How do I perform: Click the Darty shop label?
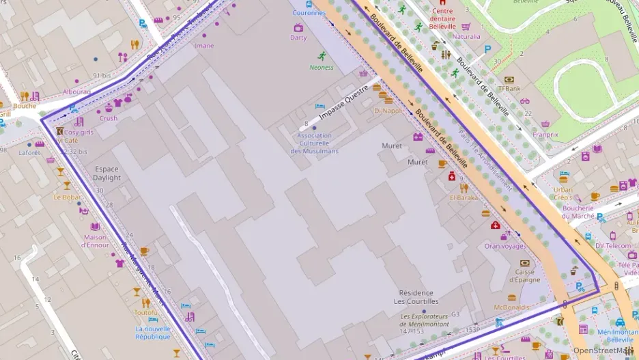pyautogui.click(x=298, y=38)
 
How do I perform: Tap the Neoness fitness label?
pyautogui.click(x=322, y=67)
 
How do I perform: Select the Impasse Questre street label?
pyautogui.click(x=343, y=107)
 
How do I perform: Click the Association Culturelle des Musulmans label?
pyautogui.click(x=314, y=143)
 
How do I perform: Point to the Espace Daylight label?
pyautogui.click(x=107, y=173)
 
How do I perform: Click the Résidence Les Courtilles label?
pyautogui.click(x=418, y=297)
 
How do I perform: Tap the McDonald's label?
pyautogui.click(x=511, y=307)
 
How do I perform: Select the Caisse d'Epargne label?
pyautogui.click(x=525, y=275)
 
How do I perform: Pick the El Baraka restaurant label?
pyautogui.click(x=464, y=197)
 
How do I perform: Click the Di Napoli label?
pyautogui.click(x=388, y=110)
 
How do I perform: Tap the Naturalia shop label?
pyautogui.click(x=466, y=36)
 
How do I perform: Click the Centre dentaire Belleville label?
pyautogui.click(x=442, y=18)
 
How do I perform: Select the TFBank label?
pyautogui.click(x=509, y=88)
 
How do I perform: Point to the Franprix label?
pyautogui.click(x=545, y=135)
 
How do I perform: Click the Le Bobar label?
pyautogui.click(x=67, y=197)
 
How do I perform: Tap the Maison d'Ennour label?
pyautogui.click(x=96, y=241)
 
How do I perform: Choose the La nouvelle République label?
pyautogui.click(x=153, y=332)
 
